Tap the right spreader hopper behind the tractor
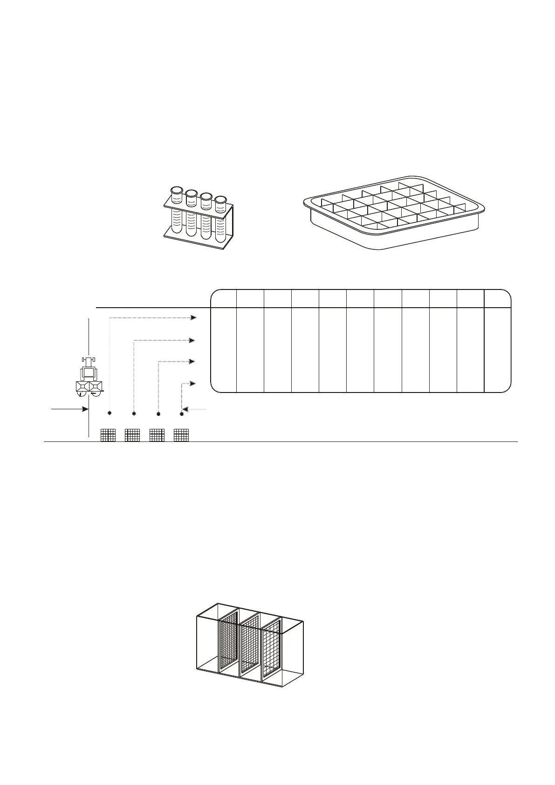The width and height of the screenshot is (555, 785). coord(96,386)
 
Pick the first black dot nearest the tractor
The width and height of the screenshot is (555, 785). coord(110,413)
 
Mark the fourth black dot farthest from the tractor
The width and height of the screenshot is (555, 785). coord(182,413)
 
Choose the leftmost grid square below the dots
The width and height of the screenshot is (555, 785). coord(108,435)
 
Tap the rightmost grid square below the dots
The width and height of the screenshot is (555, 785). coord(181,435)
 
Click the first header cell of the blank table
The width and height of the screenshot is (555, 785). coord(224,298)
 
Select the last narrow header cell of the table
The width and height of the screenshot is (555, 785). coord(498,298)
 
